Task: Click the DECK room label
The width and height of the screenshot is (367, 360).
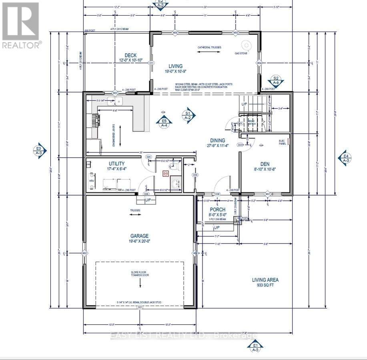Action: point(130,56)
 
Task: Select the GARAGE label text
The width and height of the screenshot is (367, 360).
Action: point(139,236)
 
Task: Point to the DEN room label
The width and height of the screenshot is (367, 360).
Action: point(264,164)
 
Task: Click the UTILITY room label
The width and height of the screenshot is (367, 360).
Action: point(116,164)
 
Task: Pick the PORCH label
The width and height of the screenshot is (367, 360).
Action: point(218,210)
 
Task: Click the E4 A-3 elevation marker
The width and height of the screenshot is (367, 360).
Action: point(345,158)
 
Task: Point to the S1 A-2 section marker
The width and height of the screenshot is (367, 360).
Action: point(187,115)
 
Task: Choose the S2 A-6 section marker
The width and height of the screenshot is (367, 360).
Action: point(276,80)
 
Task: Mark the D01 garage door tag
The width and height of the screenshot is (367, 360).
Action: point(140,307)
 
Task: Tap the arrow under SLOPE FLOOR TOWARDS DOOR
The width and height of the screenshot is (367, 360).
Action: point(140,283)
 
